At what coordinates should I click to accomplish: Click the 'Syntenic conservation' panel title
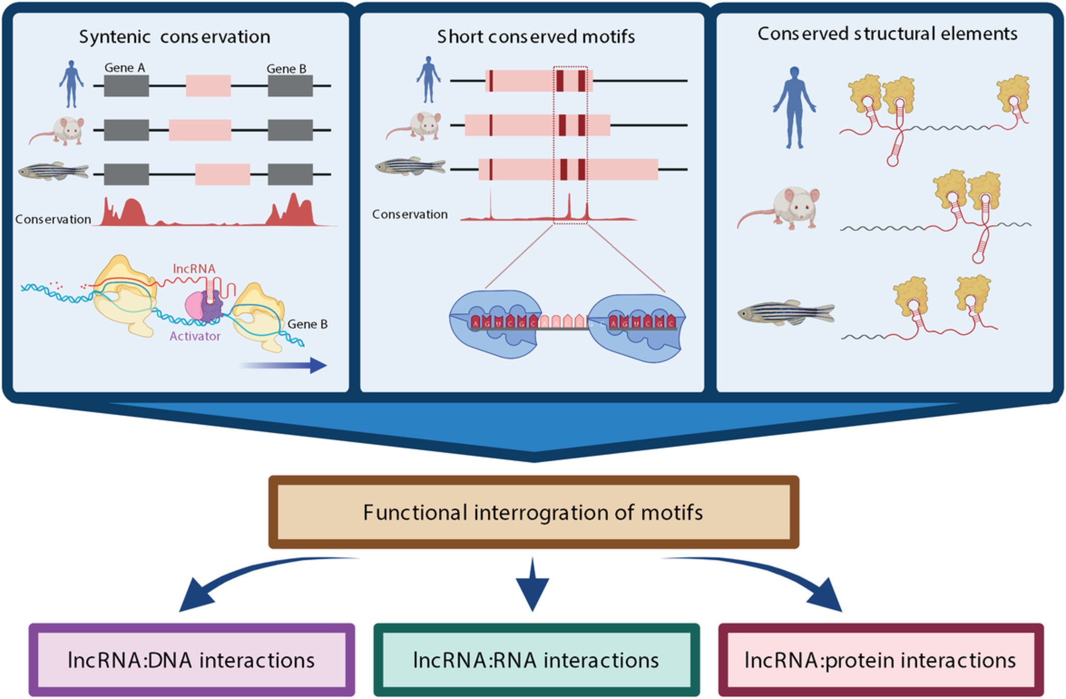(174, 37)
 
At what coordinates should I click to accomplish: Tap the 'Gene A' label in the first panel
(125, 68)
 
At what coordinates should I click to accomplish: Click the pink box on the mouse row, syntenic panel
(200, 130)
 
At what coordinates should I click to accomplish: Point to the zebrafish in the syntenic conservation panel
(54, 171)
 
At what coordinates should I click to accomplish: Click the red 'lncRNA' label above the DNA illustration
(194, 269)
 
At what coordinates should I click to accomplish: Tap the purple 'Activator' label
(195, 336)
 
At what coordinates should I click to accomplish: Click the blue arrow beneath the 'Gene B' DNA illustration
(286, 365)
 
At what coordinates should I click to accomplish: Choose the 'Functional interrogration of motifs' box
(533, 512)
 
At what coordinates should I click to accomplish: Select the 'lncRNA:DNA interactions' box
(191, 660)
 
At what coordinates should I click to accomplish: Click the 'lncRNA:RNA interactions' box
(536, 660)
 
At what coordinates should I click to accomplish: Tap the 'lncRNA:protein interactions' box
(880, 660)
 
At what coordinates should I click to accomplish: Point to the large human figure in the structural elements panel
(794, 108)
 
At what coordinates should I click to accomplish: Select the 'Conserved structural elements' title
(887, 34)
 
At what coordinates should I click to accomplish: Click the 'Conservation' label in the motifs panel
(410, 214)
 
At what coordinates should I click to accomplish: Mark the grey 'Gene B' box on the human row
(290, 86)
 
